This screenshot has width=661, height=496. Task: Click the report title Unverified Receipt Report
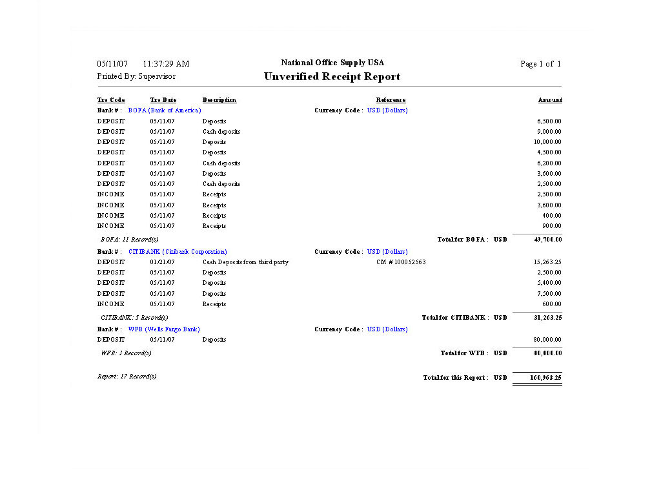(332, 77)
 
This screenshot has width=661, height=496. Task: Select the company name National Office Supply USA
(332, 63)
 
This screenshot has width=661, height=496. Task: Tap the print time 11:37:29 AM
(166, 64)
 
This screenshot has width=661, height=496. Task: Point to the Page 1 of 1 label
(540, 64)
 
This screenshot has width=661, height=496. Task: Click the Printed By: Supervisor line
(136, 76)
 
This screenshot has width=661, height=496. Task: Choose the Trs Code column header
(111, 100)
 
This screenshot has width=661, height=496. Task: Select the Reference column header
(391, 100)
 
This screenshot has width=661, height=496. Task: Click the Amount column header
(550, 100)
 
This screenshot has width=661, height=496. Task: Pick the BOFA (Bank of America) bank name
(165, 110)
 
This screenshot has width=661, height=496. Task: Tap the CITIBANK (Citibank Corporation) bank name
(178, 252)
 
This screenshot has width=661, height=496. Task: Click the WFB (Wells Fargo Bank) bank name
(164, 329)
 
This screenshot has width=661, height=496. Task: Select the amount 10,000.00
(547, 142)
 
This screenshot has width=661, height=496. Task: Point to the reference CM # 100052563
(401, 262)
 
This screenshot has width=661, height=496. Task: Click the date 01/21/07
(163, 262)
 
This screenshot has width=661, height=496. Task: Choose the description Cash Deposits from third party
(245, 262)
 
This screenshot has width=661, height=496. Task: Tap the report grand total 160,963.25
(545, 378)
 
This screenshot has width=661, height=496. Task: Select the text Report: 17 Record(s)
(127, 377)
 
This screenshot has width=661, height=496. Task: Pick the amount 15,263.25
(547, 262)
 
